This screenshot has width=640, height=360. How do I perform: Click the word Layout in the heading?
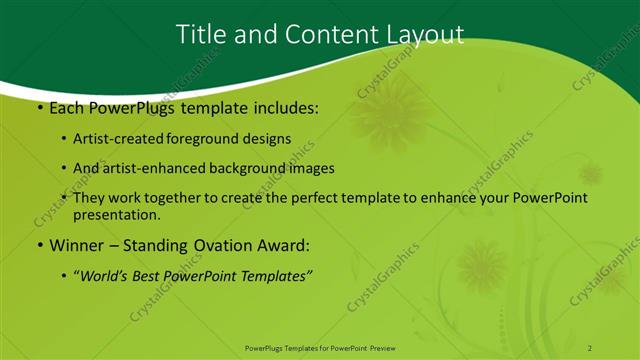424,34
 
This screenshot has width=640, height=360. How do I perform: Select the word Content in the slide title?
324,34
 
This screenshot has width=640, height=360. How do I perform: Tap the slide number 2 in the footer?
590,347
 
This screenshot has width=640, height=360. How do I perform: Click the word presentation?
116,214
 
